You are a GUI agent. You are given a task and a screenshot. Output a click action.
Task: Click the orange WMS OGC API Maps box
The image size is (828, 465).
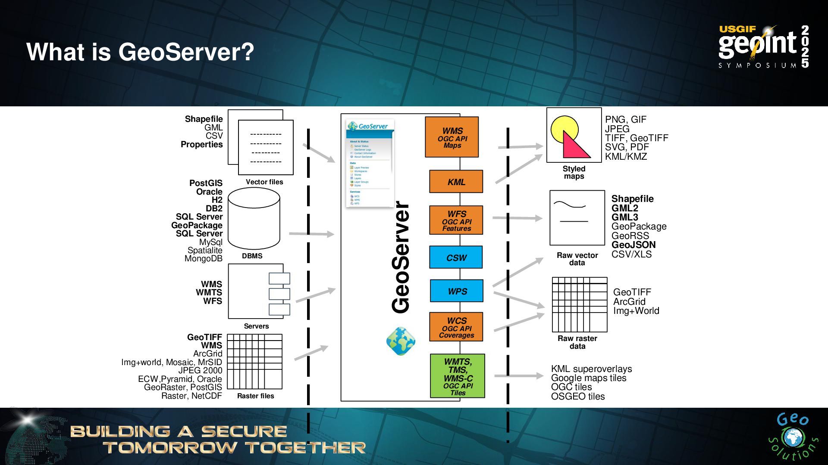pos(452,137)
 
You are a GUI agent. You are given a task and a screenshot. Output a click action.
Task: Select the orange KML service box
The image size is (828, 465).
pos(456,182)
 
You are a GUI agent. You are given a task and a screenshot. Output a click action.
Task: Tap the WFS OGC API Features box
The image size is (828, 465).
pos(456,220)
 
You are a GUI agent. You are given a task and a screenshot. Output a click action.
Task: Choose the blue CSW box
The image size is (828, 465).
pos(456,257)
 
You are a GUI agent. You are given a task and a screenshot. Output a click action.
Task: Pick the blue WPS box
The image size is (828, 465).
pos(456,291)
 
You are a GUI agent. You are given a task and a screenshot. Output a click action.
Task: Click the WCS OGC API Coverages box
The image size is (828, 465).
pos(456,327)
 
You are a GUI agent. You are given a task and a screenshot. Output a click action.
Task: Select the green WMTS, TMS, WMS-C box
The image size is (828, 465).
pos(457,376)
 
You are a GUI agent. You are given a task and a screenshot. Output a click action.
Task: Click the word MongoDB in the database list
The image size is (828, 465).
pos(204,259)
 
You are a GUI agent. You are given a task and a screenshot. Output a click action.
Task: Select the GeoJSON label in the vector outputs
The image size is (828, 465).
pos(633,245)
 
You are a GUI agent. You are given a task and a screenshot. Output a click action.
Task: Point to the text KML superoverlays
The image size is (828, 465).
pos(591,369)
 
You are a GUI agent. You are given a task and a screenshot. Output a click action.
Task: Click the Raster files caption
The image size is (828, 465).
pos(255,396)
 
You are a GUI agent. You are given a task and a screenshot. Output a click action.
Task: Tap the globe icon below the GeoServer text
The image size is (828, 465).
pos(401,341)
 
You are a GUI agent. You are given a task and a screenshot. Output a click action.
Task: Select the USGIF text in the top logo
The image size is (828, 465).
pos(737,29)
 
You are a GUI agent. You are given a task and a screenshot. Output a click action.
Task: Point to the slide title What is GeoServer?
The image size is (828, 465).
pos(140,52)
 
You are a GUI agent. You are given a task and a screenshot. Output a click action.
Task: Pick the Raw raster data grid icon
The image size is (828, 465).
pos(579,304)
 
